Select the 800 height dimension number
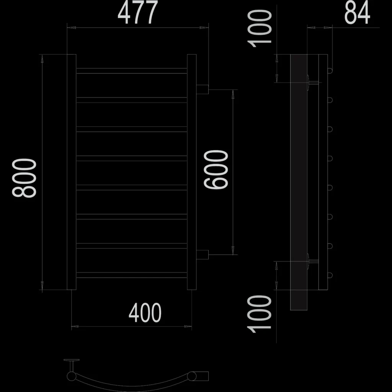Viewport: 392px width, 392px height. pos(24,178)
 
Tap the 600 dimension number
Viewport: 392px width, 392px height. pos(216,170)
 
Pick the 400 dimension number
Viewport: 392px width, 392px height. pos(145,312)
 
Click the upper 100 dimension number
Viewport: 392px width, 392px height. pos(260,28)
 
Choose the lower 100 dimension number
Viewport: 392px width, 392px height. pos(259,314)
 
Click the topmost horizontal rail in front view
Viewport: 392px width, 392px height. pos(132,71)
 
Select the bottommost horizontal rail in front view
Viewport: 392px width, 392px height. pos(132,275)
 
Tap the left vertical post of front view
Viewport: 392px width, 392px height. pos(72,172)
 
